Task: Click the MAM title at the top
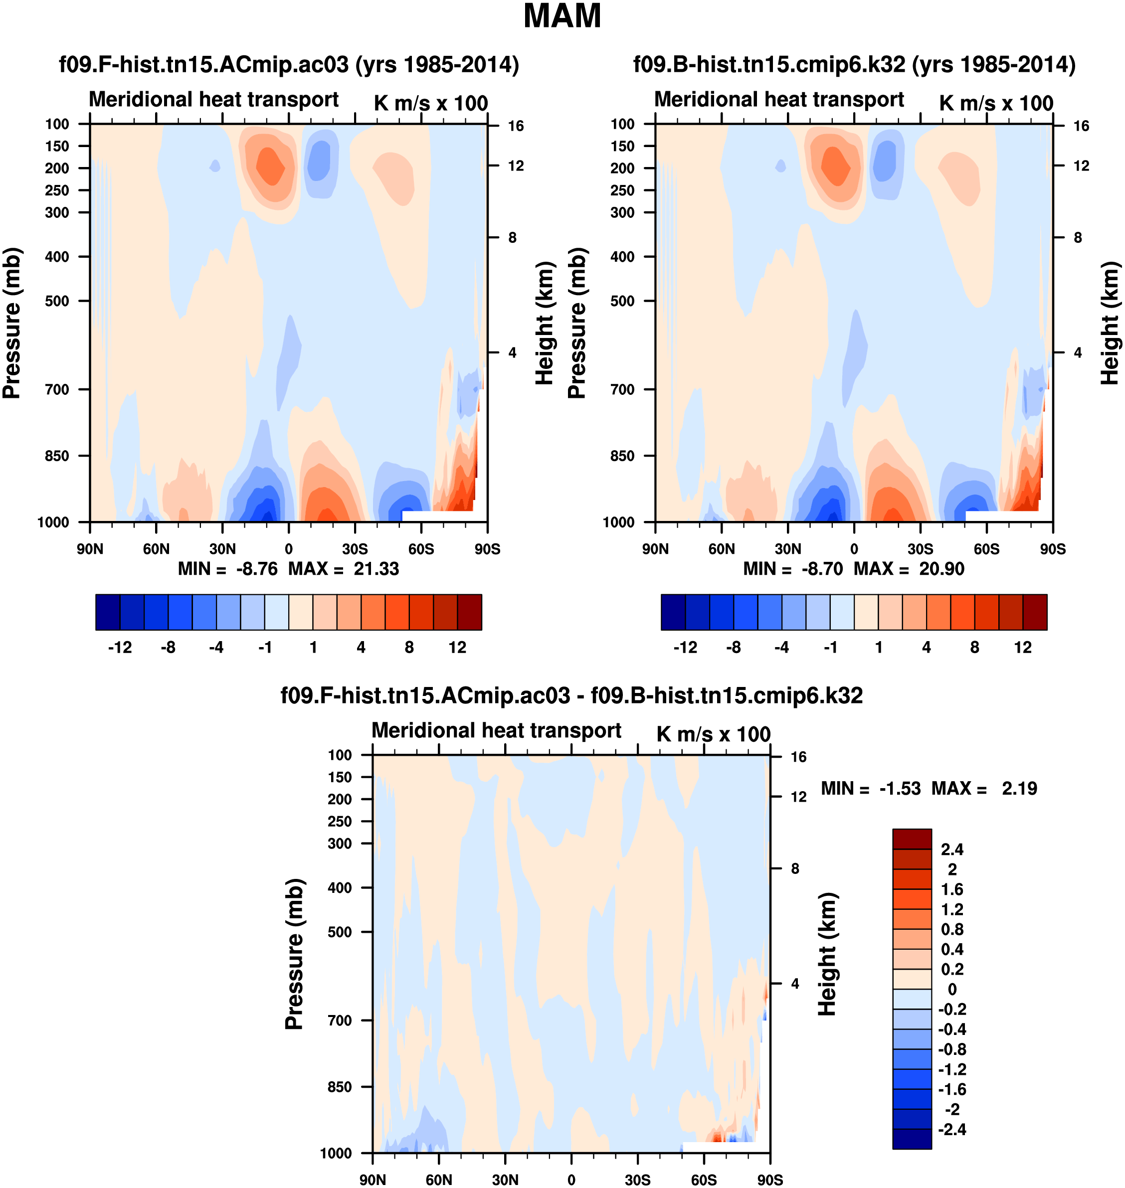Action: click(x=562, y=16)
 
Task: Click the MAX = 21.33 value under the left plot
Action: click(x=344, y=568)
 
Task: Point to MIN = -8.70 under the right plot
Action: click(x=793, y=568)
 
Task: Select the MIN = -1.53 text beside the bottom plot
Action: click(x=870, y=788)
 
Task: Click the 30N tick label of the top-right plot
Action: click(x=787, y=549)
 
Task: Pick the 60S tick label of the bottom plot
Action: click(x=704, y=1180)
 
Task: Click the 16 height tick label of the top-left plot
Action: click(x=515, y=126)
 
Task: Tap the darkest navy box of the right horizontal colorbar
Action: click(x=673, y=612)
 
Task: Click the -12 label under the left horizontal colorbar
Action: click(x=120, y=648)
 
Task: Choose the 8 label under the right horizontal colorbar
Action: click(x=974, y=648)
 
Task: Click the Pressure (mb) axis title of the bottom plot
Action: click(x=294, y=954)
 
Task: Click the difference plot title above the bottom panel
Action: click(x=571, y=695)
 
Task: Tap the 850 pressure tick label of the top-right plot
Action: click(x=622, y=456)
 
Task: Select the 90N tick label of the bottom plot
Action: click(x=373, y=1180)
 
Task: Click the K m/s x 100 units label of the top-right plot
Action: click(x=996, y=103)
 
